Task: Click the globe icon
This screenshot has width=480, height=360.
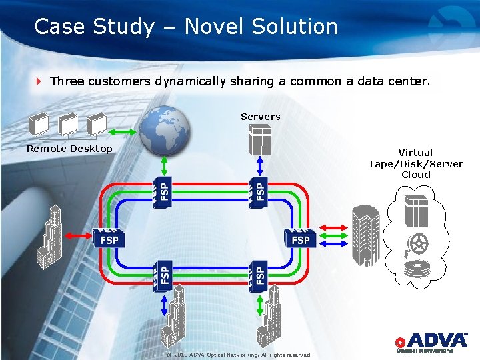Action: coord(164,130)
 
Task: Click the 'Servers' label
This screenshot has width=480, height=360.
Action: coord(260,117)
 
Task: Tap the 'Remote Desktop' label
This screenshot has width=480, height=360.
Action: coord(69,149)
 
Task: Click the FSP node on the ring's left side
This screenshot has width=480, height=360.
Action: coord(109,238)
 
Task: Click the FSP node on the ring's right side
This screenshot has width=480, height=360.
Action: coord(300,238)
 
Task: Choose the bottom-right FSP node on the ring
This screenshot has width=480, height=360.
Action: coord(258,274)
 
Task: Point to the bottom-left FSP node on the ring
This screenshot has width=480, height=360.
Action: coord(163,274)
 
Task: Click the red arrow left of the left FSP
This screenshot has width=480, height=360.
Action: coord(79,235)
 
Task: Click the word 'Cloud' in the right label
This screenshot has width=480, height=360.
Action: coord(416,175)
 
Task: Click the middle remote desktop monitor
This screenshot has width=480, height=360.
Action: coord(68,125)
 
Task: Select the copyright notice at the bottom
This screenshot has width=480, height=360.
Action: coord(239,355)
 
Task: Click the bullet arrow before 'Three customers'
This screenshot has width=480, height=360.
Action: coord(39,82)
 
